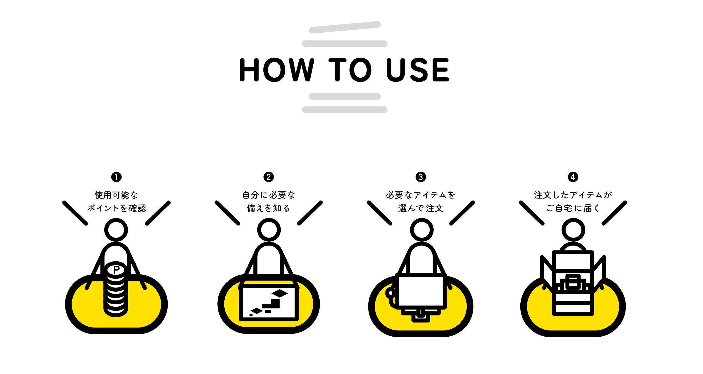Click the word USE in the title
(x=418, y=70)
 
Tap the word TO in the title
(x=350, y=70)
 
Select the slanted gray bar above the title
(x=345, y=27)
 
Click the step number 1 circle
(x=116, y=177)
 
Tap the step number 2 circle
(x=269, y=177)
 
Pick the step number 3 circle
(x=421, y=177)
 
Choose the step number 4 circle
(x=573, y=177)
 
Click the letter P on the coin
(x=116, y=270)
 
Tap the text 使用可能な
(x=116, y=195)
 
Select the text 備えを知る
(x=268, y=208)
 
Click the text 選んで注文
(x=421, y=208)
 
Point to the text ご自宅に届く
(x=573, y=208)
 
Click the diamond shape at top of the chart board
(x=280, y=293)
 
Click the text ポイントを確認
(x=117, y=208)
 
